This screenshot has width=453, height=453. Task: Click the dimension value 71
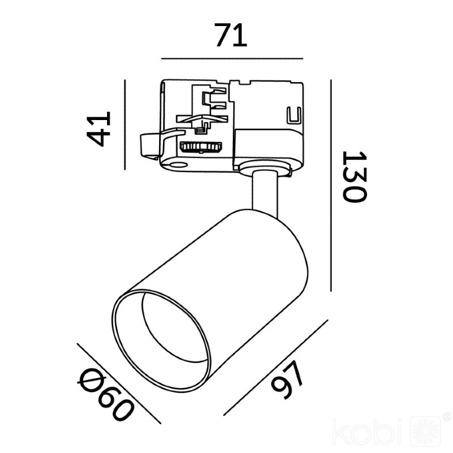point(230,35)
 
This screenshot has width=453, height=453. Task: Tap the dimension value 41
point(99,129)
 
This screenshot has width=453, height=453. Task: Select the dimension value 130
point(354,177)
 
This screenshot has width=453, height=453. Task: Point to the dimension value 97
point(287,380)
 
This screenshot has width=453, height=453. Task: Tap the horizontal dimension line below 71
point(232,59)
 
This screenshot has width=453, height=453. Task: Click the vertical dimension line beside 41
point(125,125)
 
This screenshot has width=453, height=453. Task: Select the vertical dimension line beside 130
point(331,186)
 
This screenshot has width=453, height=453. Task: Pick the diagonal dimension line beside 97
point(276,367)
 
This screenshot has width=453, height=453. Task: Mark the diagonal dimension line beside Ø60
point(119,383)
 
